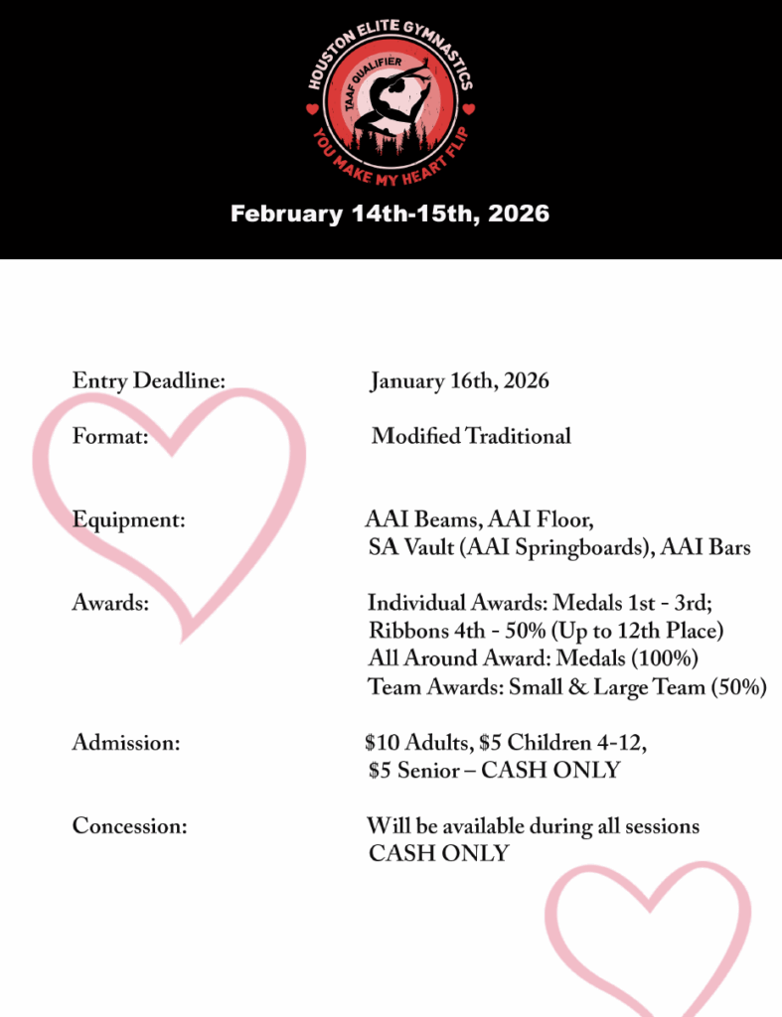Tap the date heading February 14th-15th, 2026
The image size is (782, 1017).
(390, 214)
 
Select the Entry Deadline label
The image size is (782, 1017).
(149, 380)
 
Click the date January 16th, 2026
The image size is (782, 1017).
(459, 380)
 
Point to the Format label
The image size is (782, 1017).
(110, 435)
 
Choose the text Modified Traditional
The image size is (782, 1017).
(471, 435)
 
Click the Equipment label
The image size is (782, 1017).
(128, 518)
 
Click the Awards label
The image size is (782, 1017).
(110, 603)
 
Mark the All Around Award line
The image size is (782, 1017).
(533, 658)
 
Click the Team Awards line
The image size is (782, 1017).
(566, 686)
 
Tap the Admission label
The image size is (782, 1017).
(125, 742)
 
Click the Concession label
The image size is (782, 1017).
(129, 825)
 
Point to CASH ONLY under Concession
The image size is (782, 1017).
(438, 853)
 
